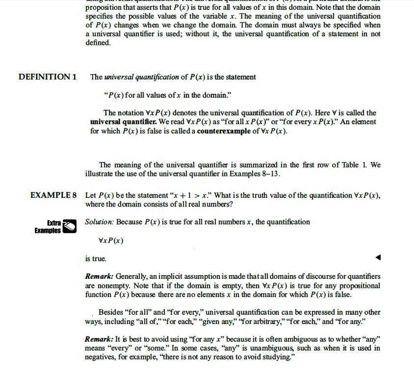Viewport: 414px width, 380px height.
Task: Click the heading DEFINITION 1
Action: (48, 77)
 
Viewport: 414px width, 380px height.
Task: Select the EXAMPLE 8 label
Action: (53, 195)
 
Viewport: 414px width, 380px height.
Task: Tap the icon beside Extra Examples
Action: (70, 226)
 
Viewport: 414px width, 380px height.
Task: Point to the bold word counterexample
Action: (224, 131)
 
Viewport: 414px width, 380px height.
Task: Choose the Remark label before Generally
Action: (99, 276)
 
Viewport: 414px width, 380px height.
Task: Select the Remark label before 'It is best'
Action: (99, 339)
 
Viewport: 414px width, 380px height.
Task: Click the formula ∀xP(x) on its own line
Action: (111, 241)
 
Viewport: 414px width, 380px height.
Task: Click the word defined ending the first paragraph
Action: (97, 43)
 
